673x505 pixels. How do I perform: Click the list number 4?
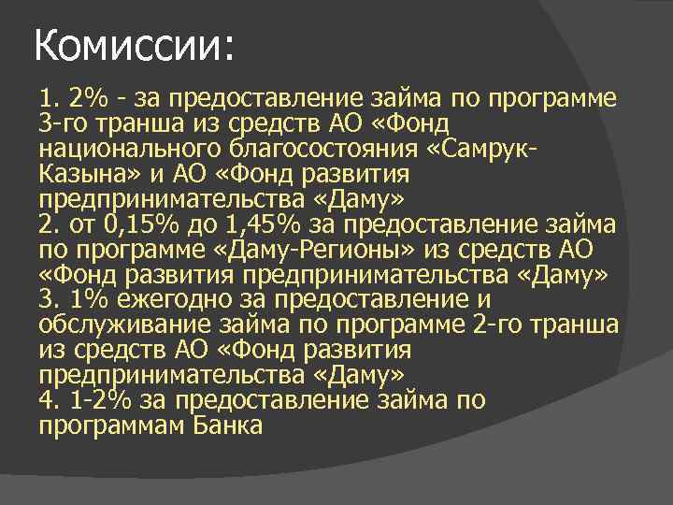click(47, 400)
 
